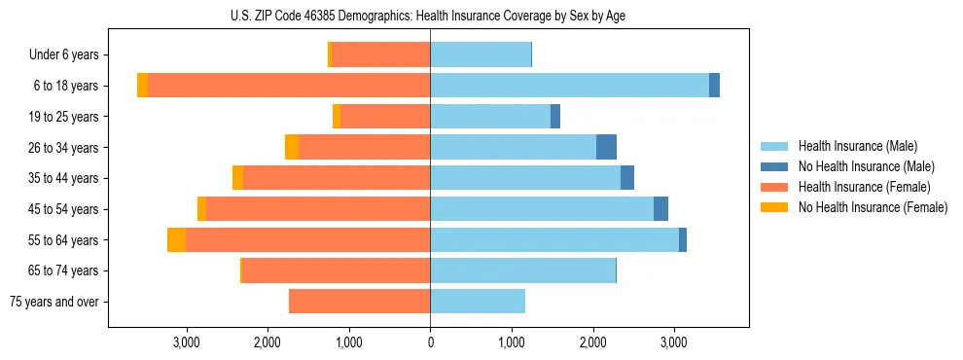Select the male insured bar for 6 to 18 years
[569, 86]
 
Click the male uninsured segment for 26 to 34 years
[606, 147]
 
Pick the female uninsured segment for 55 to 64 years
[176, 239]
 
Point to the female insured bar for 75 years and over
[359, 302]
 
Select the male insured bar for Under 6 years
[481, 54]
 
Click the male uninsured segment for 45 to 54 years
[660, 209]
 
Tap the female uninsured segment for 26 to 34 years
[292, 147]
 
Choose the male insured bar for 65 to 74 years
[522, 270]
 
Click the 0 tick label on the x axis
[430, 342]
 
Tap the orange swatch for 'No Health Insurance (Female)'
[774, 207]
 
